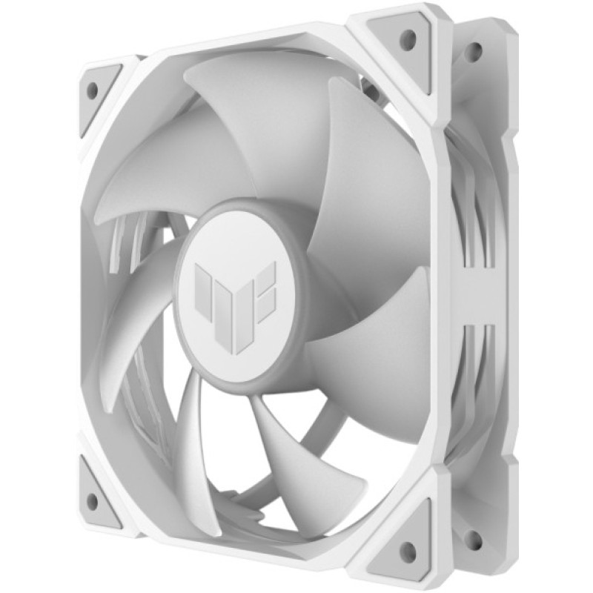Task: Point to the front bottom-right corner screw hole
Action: coord(408,549)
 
